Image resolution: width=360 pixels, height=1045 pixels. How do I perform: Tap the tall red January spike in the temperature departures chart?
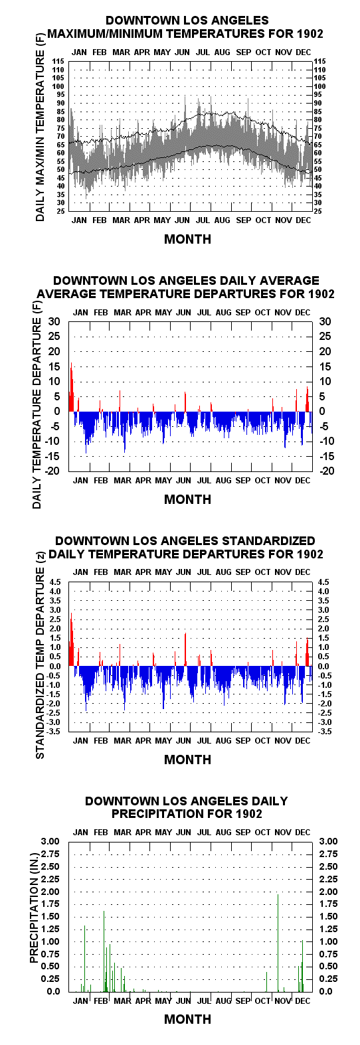71,387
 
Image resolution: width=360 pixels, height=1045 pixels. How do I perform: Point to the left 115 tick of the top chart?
58,61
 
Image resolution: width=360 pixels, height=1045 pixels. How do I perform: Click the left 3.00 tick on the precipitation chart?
50,841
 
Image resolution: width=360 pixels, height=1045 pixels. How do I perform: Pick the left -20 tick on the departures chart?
52,471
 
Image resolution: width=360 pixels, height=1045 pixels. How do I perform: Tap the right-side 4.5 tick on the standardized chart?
323,582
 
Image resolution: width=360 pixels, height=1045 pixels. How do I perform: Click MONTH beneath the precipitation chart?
188,1019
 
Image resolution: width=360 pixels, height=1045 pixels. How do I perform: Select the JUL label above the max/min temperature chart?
203,52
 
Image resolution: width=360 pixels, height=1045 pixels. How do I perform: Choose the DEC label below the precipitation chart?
303,1001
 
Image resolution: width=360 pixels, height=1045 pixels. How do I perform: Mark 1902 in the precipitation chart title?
249,813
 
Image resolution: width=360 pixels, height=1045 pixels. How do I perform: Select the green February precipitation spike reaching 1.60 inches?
104,951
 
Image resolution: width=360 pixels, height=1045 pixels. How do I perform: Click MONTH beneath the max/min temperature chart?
188,239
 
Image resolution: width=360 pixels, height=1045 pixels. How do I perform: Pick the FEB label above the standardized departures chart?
100,572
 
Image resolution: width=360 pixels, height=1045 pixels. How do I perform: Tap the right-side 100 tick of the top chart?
320,86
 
